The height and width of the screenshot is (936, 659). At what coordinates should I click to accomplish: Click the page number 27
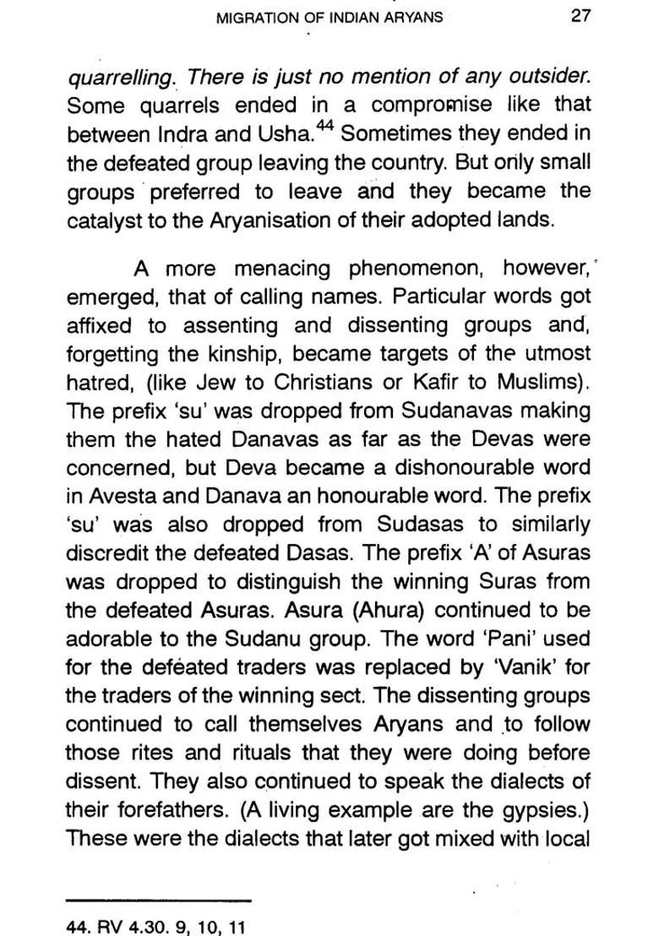[580, 16]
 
